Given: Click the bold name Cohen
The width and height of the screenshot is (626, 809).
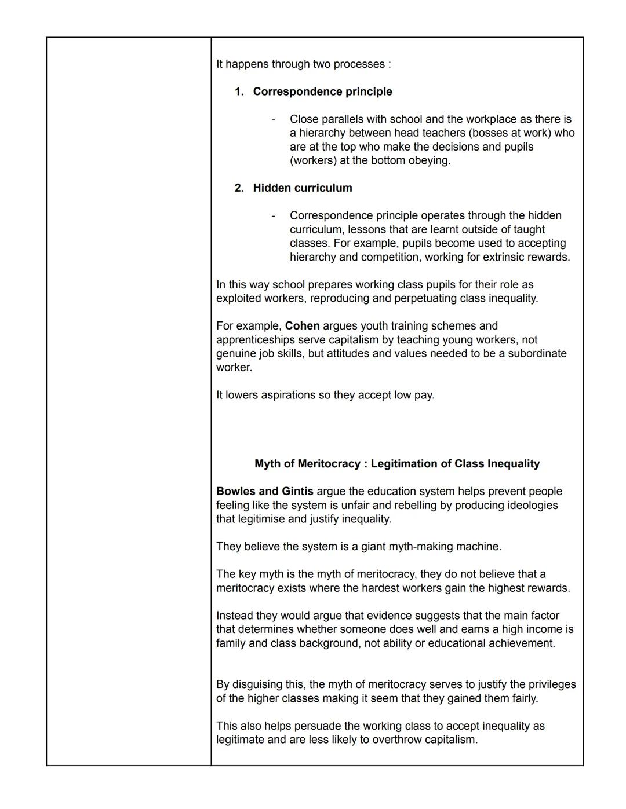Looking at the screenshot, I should click(x=302, y=326).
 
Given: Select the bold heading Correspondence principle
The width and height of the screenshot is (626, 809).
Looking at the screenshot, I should click(x=322, y=91).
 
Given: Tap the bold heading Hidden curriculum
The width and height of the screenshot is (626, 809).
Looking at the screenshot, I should click(x=303, y=188).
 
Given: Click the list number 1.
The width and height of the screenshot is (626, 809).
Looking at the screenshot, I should click(x=239, y=91).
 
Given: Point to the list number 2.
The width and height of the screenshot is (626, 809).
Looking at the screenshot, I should click(x=239, y=188).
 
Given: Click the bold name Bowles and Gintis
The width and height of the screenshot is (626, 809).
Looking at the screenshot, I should click(x=264, y=491).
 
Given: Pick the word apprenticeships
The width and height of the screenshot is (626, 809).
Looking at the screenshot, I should click(x=255, y=340).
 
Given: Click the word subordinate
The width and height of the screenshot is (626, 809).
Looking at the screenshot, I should click(x=537, y=353).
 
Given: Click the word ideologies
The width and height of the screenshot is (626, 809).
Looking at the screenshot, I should click(x=529, y=505).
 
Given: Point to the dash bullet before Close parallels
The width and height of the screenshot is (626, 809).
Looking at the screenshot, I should click(x=273, y=119).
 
